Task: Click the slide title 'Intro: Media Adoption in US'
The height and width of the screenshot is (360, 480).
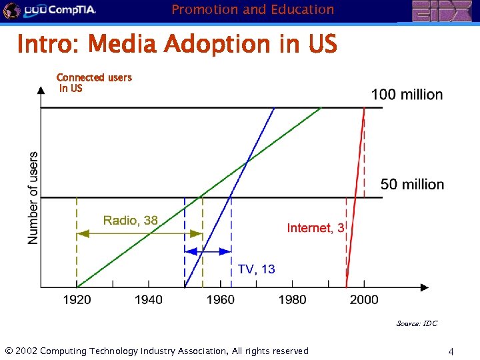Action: coord(177,45)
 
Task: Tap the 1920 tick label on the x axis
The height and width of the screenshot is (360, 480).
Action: coord(77,300)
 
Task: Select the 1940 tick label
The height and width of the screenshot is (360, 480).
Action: coord(148,300)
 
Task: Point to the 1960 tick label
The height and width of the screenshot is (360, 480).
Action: coord(220,300)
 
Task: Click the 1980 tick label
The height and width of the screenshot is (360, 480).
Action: coord(292,300)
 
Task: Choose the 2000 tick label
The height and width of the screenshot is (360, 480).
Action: coord(363,300)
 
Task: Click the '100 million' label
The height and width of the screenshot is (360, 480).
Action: coord(407,95)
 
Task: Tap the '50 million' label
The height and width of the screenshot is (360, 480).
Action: coord(412,184)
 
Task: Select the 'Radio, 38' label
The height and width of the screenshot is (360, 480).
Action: coord(131,220)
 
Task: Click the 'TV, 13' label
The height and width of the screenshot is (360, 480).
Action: coord(256,269)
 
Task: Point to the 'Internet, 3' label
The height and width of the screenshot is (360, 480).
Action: coord(315,228)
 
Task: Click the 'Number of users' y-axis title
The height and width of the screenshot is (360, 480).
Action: coord(33,198)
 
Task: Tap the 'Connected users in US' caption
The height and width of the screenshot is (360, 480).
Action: coord(94,83)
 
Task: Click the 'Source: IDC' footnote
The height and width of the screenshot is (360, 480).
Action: coord(417,323)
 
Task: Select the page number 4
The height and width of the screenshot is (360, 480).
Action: coord(451,351)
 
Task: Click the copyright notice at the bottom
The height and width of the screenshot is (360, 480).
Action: coord(157,351)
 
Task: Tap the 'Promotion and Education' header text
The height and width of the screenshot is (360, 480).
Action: coord(253,9)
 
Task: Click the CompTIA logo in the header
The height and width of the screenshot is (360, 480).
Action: coord(50,10)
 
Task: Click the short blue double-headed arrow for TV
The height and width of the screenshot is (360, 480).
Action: coord(208,251)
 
